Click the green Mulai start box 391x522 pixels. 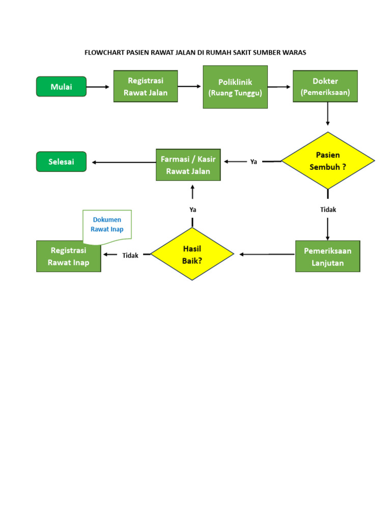pyautogui.click(x=61, y=87)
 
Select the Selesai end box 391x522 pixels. pyautogui.click(x=61, y=162)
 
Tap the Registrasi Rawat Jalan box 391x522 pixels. pyautogui.click(x=146, y=87)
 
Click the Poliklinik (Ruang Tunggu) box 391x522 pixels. pyautogui.click(x=235, y=87)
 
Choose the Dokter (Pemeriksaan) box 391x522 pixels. pyautogui.click(x=325, y=87)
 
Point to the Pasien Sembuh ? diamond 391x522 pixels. pyautogui.click(x=328, y=161)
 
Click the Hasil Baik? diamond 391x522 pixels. pyautogui.click(x=192, y=254)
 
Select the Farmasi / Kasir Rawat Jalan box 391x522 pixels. pyautogui.click(x=188, y=165)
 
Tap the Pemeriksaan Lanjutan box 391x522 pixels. pyautogui.click(x=327, y=256)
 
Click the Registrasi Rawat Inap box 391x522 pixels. pyautogui.click(x=69, y=256)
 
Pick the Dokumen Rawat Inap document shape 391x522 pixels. pyautogui.click(x=107, y=225)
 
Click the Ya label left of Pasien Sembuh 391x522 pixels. pyautogui.click(x=254, y=162)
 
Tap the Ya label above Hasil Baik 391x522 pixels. pyautogui.click(x=192, y=210)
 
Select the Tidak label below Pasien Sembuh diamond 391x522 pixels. pyautogui.click(x=328, y=210)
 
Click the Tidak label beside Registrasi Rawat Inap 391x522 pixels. pyautogui.click(x=130, y=255)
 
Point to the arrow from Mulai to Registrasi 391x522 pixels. pyautogui.click(x=98, y=87)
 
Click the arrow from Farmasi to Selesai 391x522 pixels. pyautogui.click(x=124, y=163)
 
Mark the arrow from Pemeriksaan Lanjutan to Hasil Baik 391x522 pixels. pyautogui.click(x=267, y=254)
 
